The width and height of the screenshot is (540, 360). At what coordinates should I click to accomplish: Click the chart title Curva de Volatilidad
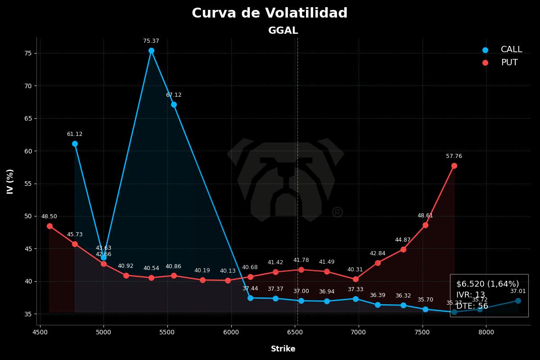click(x=270, y=13)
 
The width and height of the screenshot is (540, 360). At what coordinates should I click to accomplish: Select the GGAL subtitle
click(x=283, y=31)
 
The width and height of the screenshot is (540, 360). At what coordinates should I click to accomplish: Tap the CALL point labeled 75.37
click(x=151, y=51)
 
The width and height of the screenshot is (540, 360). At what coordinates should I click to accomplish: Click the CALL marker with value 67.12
click(x=174, y=104)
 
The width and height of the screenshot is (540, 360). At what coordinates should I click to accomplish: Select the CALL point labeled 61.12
click(x=75, y=144)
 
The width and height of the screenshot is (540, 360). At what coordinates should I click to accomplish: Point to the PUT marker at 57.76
click(x=454, y=166)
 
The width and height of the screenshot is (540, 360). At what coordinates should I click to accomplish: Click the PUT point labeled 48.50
click(x=49, y=226)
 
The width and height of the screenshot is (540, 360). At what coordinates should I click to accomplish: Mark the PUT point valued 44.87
click(x=403, y=249)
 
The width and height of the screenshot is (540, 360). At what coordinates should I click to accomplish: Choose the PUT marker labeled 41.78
click(x=301, y=270)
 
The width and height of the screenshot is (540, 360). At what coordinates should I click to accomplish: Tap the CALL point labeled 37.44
click(x=250, y=298)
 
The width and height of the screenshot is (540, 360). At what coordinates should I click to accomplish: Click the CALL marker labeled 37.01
click(x=518, y=301)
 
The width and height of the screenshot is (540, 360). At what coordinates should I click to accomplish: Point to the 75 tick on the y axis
click(x=28, y=53)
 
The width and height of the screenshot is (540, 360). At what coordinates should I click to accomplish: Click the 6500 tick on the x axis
click(x=295, y=333)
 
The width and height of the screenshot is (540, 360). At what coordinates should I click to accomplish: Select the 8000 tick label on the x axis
click(x=486, y=333)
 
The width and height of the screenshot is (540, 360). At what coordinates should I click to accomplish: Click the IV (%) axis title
click(x=10, y=181)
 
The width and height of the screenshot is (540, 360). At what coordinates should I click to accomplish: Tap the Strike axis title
click(x=283, y=349)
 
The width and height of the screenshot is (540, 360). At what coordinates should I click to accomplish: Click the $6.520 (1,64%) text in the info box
click(x=487, y=284)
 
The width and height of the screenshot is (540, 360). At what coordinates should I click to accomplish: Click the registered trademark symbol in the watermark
click(x=337, y=212)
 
